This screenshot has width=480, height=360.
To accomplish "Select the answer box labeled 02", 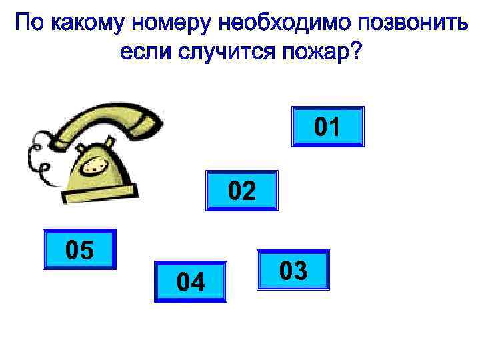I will pos(241,191).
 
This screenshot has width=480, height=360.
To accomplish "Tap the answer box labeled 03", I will pos(293,270).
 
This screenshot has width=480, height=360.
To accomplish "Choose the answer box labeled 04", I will pos(191,282).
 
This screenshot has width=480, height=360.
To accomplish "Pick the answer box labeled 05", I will pos(79,249).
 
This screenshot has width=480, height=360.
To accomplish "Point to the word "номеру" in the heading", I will pos(172,25).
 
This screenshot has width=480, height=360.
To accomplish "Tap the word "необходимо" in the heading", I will pos(285,25).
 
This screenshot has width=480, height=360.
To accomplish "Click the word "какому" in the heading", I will pos(87,25).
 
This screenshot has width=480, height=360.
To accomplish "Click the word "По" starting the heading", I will pos(29,25).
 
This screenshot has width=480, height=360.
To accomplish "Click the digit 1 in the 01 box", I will pos(335,126).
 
